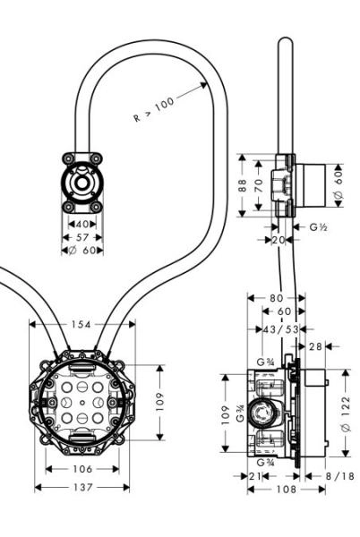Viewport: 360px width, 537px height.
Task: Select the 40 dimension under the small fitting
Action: point(81,224)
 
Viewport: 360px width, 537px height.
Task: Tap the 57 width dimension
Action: point(81,238)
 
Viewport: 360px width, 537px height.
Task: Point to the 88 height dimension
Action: point(242,185)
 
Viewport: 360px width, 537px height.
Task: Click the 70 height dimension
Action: point(258,185)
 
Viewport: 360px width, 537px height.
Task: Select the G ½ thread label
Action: point(317,228)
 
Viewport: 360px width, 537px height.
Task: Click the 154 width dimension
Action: point(81,325)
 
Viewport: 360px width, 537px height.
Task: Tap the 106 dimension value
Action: point(81,469)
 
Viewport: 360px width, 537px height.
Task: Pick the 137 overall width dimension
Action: point(81,487)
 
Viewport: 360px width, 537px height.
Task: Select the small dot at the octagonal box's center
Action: point(81,405)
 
